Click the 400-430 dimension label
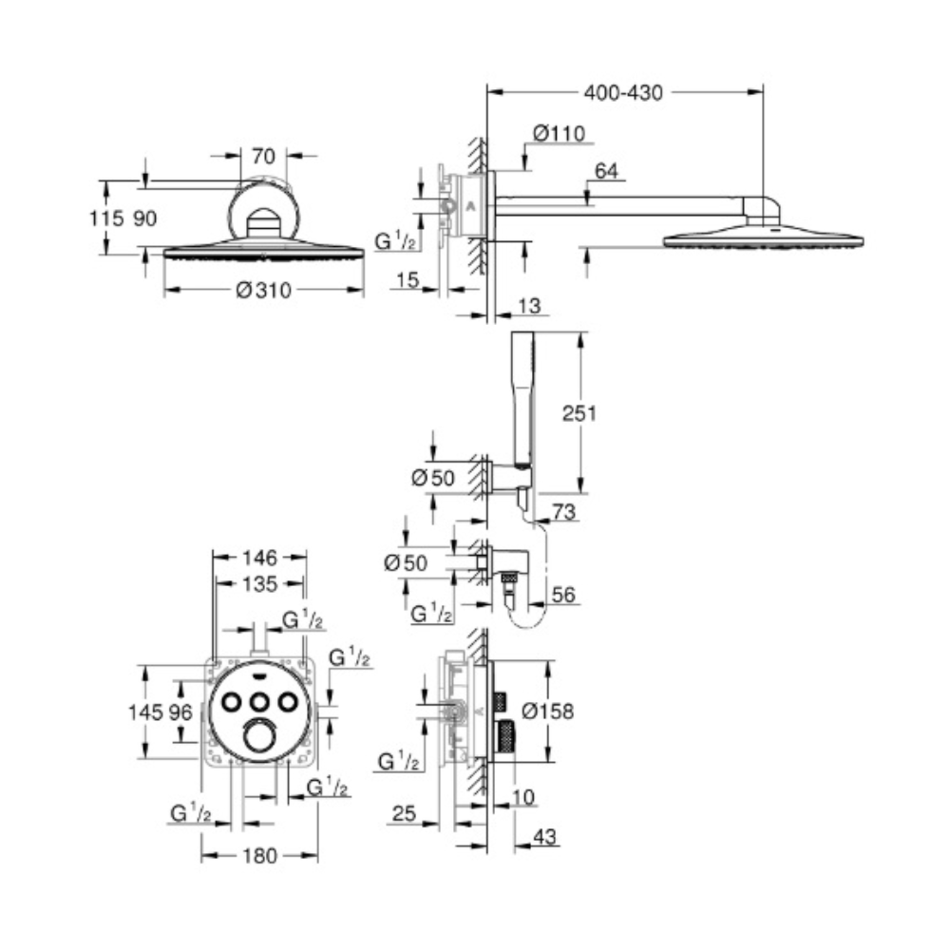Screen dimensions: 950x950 [x=623, y=93]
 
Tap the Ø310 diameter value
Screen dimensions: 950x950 [x=263, y=290]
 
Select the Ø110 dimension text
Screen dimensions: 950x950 [x=560, y=133]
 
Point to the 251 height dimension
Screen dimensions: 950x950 [x=579, y=413]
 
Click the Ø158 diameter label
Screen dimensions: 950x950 [x=547, y=711]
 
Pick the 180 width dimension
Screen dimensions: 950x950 [x=259, y=856]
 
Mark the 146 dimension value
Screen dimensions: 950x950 [x=259, y=558]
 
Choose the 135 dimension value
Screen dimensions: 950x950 [x=259, y=584]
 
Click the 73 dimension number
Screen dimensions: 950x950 [x=563, y=512]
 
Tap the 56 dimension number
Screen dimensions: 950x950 [x=563, y=595]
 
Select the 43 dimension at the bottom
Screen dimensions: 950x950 [x=544, y=837]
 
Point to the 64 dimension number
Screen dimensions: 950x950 [x=606, y=171]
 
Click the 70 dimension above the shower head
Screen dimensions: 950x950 [x=263, y=157]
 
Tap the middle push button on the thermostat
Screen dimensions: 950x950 [x=260, y=703]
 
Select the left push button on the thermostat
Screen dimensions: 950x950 [x=232, y=703]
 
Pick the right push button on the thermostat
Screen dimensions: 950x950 [x=289, y=703]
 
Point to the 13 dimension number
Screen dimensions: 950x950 [x=529, y=306]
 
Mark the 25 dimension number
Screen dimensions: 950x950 [x=404, y=813]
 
